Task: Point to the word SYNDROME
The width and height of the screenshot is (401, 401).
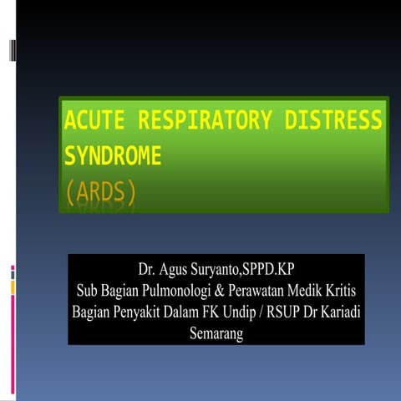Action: click(x=113, y=158)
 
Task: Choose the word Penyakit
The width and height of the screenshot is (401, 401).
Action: click(x=150, y=313)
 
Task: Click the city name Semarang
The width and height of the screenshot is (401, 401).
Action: click(x=216, y=334)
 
